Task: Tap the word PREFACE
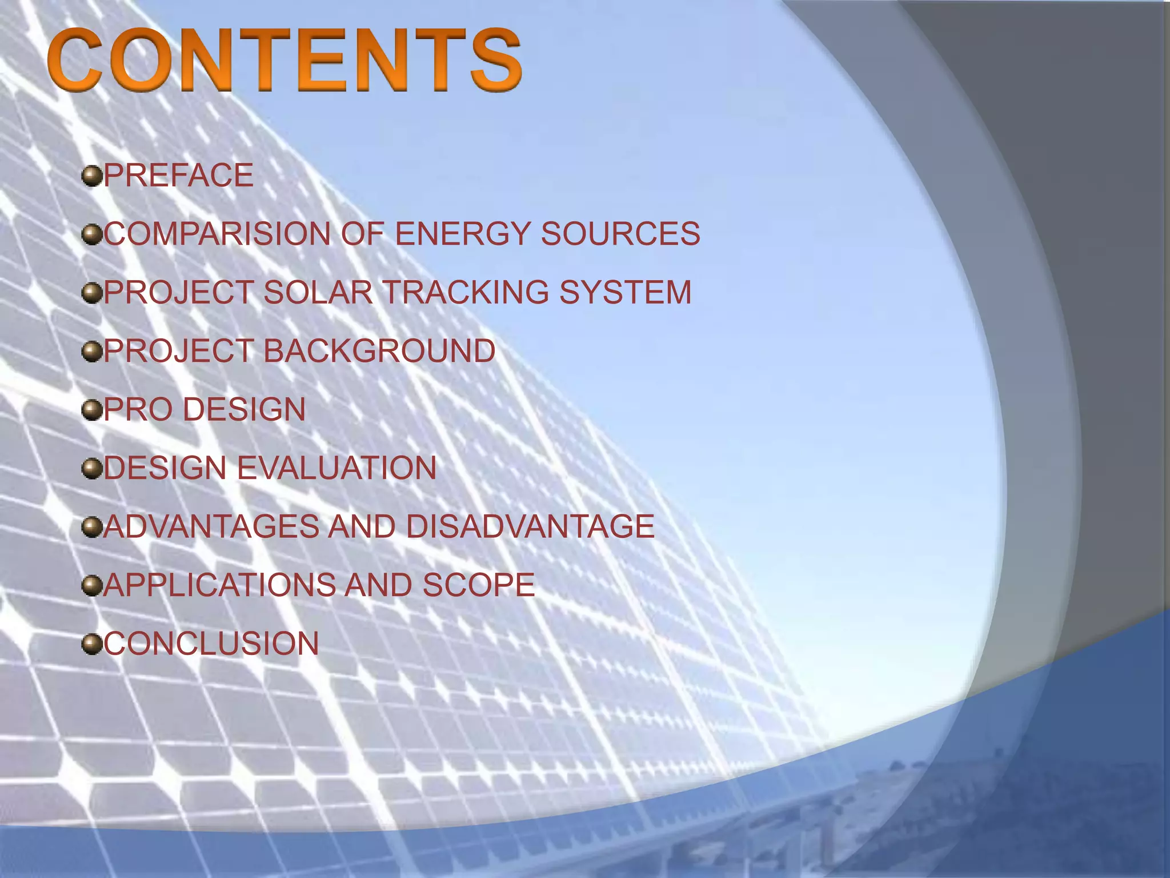point(178,175)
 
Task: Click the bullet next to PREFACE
point(91,176)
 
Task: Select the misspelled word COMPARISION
point(217,234)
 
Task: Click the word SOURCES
point(620,234)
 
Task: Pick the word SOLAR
point(318,293)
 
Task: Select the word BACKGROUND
point(379,351)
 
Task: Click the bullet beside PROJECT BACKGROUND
point(91,352)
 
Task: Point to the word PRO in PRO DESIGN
point(138,410)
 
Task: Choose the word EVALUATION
point(337,468)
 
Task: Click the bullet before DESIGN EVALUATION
point(91,469)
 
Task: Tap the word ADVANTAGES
point(211,526)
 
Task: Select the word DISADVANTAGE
point(530,526)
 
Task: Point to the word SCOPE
point(478,585)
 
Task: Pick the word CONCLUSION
point(211,644)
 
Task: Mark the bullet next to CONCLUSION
point(91,644)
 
